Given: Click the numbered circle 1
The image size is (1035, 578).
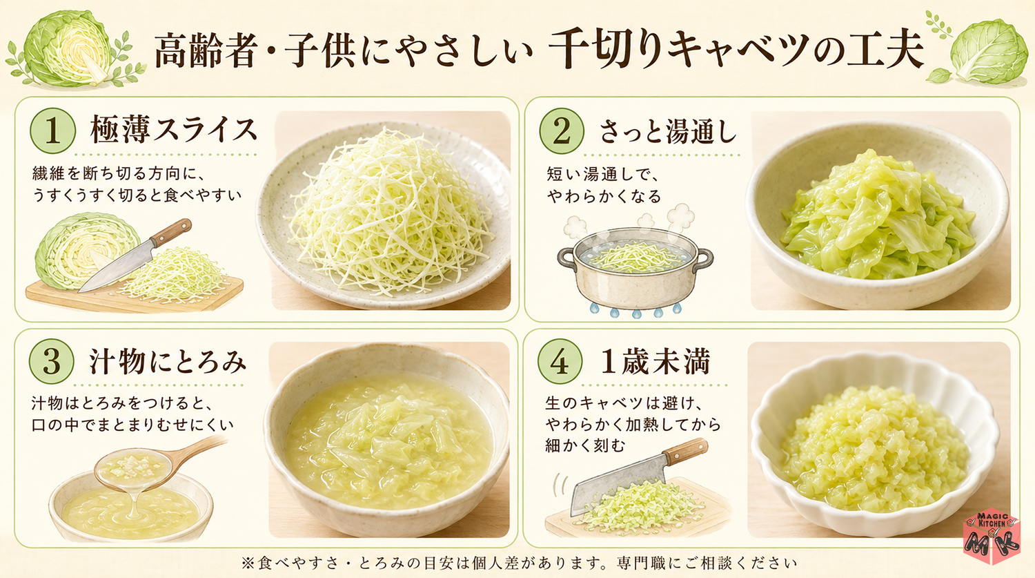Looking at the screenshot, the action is [x=52, y=131].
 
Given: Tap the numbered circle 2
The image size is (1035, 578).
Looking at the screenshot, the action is [x=562, y=131].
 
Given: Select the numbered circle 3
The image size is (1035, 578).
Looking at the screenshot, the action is [x=51, y=362].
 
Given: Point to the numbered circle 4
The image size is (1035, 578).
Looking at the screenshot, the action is [x=560, y=362].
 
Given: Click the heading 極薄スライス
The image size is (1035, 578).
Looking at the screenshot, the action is [x=173, y=130].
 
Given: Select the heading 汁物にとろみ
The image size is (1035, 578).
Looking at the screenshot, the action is [x=168, y=361].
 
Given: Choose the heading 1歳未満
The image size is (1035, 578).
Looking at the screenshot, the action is [x=655, y=361].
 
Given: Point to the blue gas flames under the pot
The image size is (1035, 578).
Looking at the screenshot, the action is [x=634, y=311].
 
